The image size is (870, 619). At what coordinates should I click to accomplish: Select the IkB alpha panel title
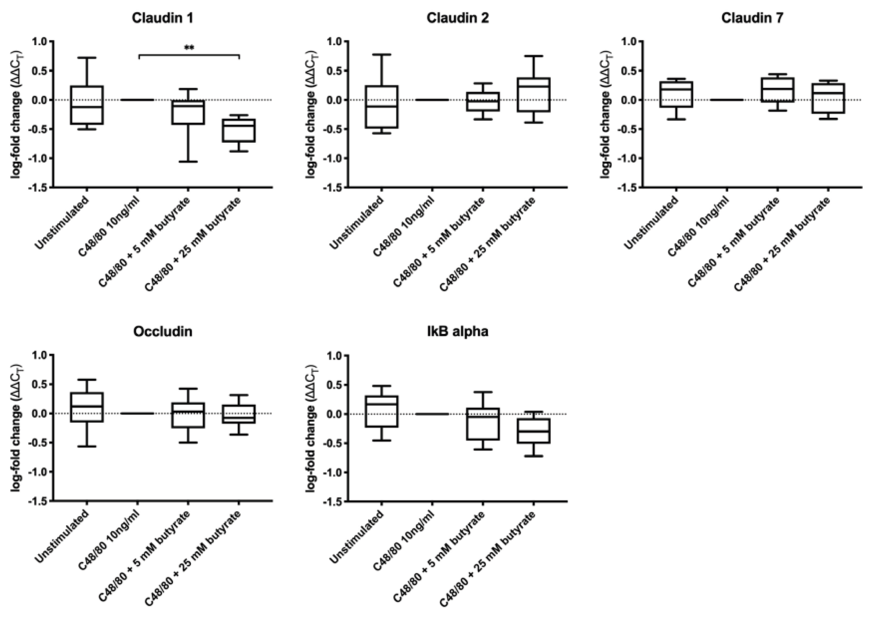(x=457, y=332)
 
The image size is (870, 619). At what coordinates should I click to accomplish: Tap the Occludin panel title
(x=163, y=332)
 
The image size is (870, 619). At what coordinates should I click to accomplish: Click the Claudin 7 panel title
(x=752, y=18)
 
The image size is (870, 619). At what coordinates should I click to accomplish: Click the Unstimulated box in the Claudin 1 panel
(x=87, y=105)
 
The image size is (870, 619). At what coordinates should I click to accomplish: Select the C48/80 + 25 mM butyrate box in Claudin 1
(x=239, y=130)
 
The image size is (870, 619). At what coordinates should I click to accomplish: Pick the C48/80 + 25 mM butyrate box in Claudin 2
(x=533, y=95)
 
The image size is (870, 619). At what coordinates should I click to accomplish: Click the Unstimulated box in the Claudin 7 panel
(x=676, y=94)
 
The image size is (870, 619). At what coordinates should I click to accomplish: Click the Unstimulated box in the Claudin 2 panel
(x=382, y=107)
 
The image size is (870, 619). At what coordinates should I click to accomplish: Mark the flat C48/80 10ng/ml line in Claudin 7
(x=726, y=100)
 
